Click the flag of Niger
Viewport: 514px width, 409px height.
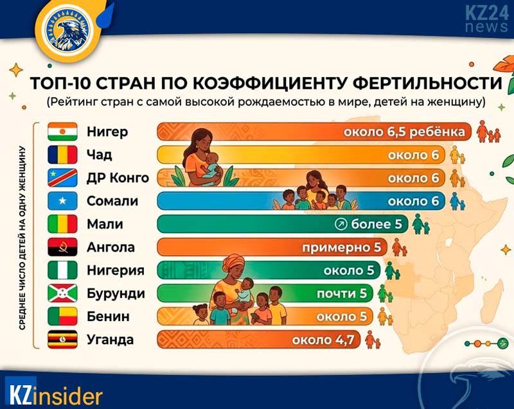click(62, 132)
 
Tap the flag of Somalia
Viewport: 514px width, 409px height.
click(62, 201)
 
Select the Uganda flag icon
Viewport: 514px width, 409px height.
click(62, 340)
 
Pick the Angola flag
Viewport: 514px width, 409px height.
click(62, 247)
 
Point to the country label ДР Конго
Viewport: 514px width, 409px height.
click(118, 178)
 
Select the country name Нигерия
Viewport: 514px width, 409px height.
click(115, 270)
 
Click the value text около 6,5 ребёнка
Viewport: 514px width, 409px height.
click(404, 132)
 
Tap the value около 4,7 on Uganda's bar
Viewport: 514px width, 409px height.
click(323, 340)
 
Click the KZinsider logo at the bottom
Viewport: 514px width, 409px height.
click(54, 393)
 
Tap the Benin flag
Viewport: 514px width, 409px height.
click(62, 317)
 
